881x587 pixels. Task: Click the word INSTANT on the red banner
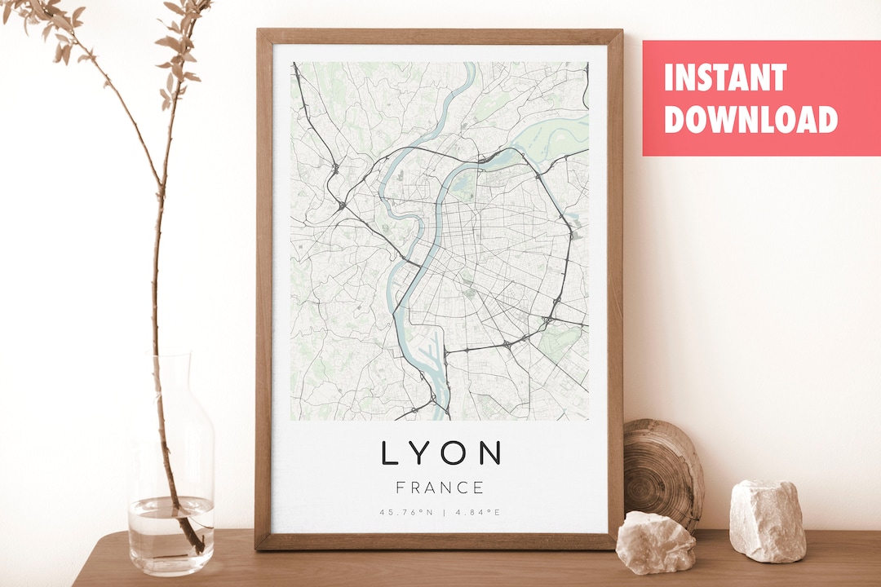[x=724, y=78]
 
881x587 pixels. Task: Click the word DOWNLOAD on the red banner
[x=750, y=119]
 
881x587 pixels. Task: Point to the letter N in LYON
[x=490, y=453]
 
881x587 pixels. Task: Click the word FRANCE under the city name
[x=440, y=488]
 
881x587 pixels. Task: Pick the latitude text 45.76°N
[x=405, y=513]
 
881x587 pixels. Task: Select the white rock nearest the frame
[x=655, y=542]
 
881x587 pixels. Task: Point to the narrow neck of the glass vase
[x=174, y=383]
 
